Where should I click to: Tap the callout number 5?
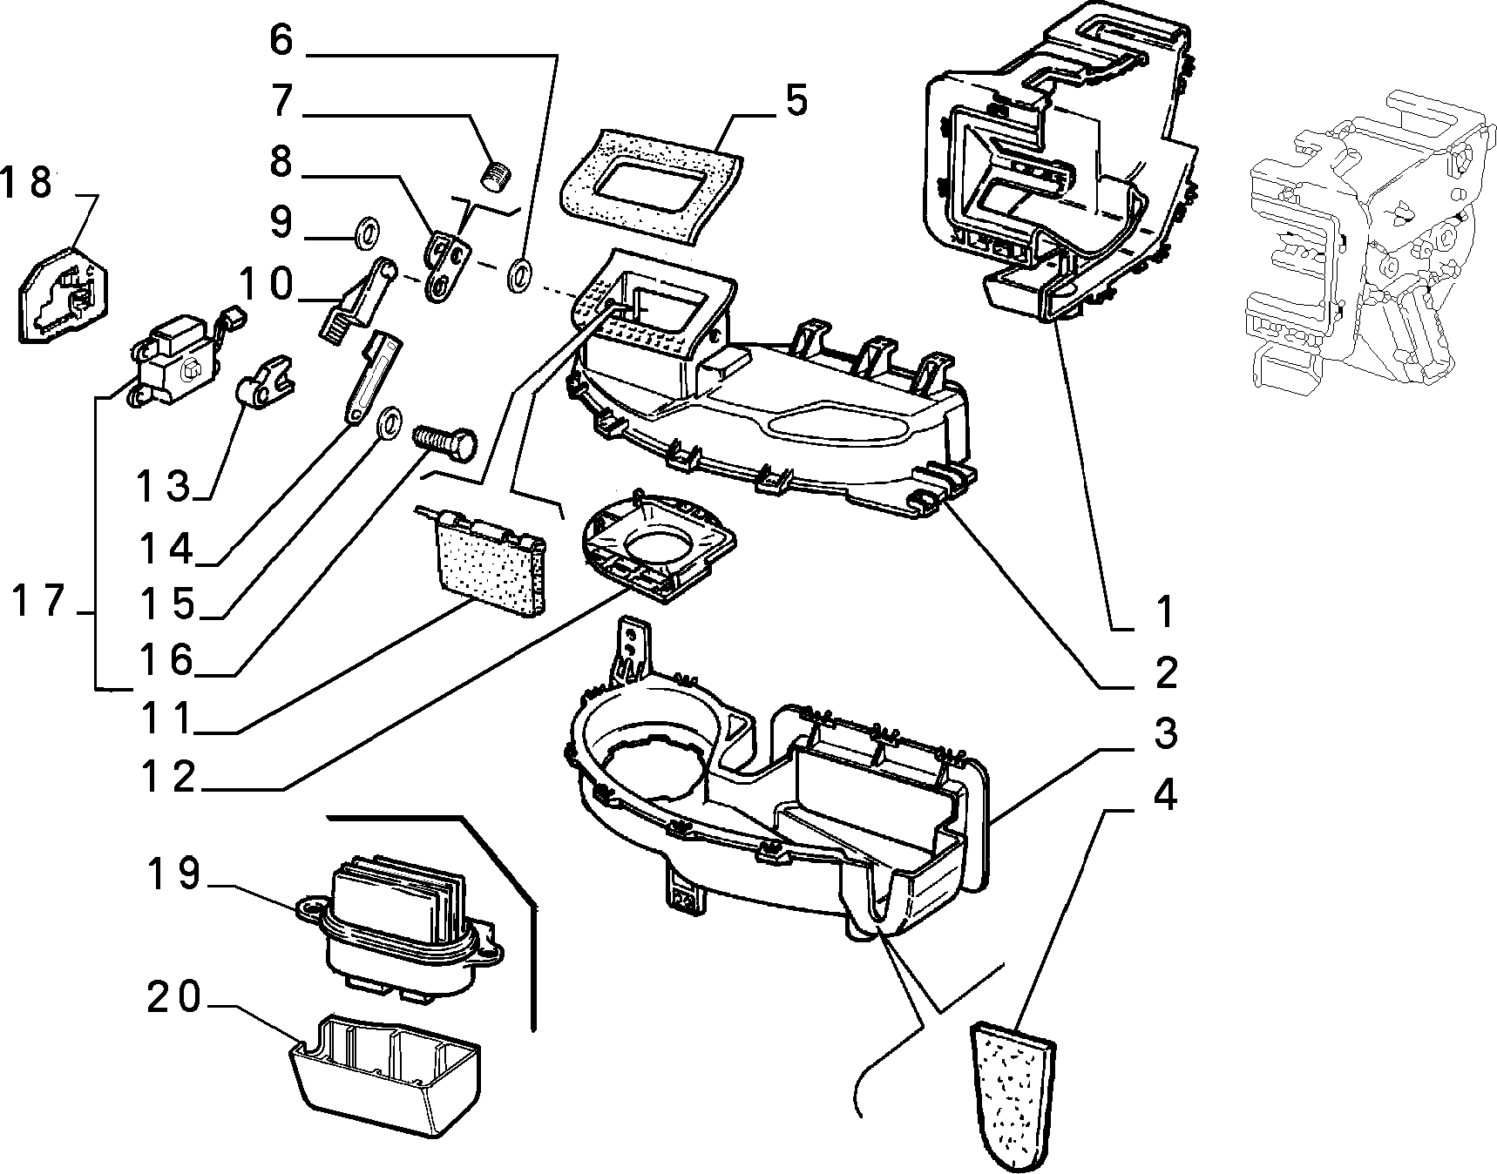[x=796, y=101]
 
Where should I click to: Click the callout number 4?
[x=1165, y=794]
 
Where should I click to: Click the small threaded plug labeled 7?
[x=496, y=174]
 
